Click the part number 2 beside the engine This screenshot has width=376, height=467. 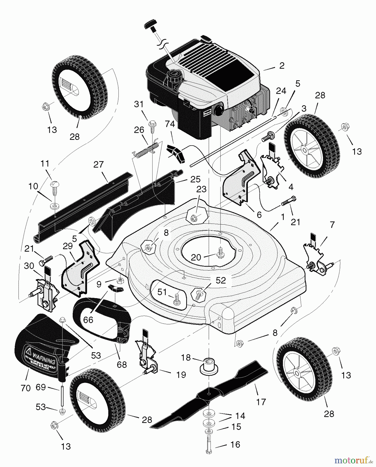pyautogui.click(x=282, y=65)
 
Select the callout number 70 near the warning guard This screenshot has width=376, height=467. pyautogui.click(x=26, y=388)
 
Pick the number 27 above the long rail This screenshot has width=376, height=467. pyautogui.click(x=98, y=164)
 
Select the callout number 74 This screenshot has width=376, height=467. pyautogui.click(x=170, y=124)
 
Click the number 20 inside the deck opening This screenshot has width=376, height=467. pyautogui.click(x=196, y=257)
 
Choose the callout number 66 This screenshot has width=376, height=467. pyautogui.click(x=88, y=320)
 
